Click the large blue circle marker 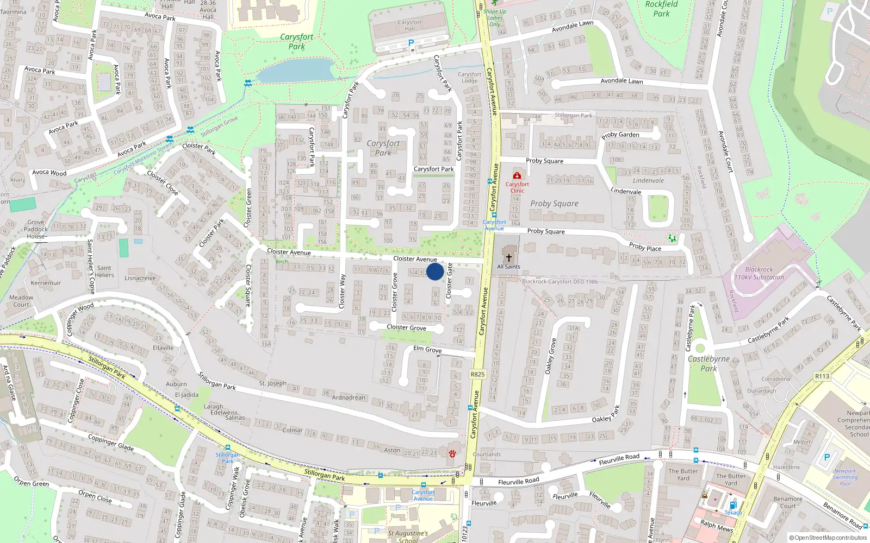pos(435,271)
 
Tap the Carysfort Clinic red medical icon pos(517,176)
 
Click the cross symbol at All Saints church pos(509,257)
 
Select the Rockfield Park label pos(661,9)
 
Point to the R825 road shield pos(477,374)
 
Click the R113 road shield pos(822,376)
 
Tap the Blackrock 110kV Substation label pos(759,273)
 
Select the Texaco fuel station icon pos(733,505)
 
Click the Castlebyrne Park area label pos(709,363)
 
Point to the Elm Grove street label pos(427,349)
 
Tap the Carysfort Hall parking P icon pos(411,43)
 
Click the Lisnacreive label pos(140,278)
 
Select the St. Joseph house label pos(272,383)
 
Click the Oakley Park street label pos(605,415)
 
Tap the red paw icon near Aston pos(452,453)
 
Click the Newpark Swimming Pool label pos(846,477)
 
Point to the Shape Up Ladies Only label pos(494,17)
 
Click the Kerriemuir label pos(46,283)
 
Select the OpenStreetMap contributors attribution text pos(828,538)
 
